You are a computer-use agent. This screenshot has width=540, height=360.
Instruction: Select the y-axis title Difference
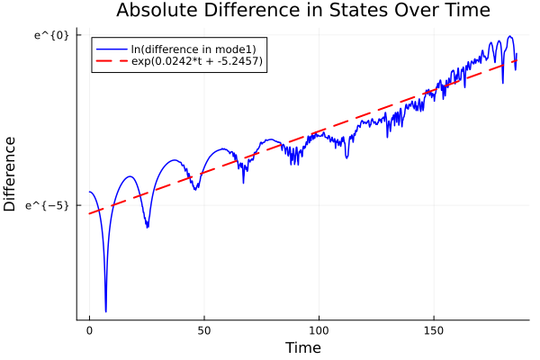(x=11, y=174)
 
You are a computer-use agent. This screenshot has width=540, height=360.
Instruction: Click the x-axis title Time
(x=302, y=347)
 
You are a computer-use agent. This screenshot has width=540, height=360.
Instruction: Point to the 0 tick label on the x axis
(x=89, y=330)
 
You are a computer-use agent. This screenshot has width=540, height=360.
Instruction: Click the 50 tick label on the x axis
(x=204, y=330)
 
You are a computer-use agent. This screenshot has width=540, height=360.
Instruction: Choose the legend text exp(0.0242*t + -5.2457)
(x=196, y=61)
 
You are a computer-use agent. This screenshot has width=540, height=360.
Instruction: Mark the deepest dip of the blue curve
(x=105, y=311)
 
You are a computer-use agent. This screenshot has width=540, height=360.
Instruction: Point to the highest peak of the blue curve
(x=509, y=37)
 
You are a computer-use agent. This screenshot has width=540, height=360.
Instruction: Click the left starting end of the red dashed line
(x=90, y=212)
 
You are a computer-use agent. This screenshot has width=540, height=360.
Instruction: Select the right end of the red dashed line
(x=516, y=60)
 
